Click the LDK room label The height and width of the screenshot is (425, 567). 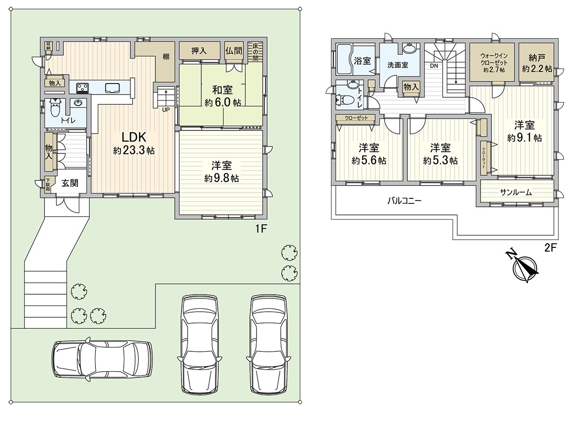pyautogui.click(x=134, y=144)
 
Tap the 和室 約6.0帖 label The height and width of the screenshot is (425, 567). pyautogui.click(x=223, y=96)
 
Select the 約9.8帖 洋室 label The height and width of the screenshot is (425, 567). pyautogui.click(x=222, y=171)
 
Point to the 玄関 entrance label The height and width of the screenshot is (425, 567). pyautogui.click(x=70, y=184)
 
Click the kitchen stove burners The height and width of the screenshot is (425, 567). pyautogui.click(x=82, y=87)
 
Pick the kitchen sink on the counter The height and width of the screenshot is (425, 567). pyautogui.click(x=112, y=87)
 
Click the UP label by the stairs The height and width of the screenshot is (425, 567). pyautogui.click(x=166, y=110)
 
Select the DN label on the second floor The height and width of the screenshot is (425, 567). pyautogui.click(x=434, y=66)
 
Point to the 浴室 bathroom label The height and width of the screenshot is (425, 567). pyautogui.click(x=362, y=61)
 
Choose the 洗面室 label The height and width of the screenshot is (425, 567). pyautogui.click(x=397, y=65)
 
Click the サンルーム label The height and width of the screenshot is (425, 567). pyautogui.click(x=515, y=192)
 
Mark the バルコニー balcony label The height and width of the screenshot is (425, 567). pyautogui.click(x=404, y=201)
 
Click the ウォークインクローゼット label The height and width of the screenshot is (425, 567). pyautogui.click(x=494, y=63)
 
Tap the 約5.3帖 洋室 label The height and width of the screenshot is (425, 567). pyautogui.click(x=440, y=154)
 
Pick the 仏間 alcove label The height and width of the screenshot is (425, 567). pyautogui.click(x=233, y=51)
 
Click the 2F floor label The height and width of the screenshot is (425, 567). pyautogui.click(x=550, y=248)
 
